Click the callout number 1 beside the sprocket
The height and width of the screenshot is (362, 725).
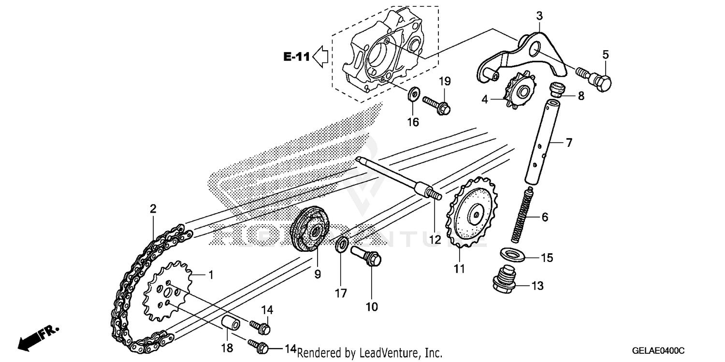(210, 275)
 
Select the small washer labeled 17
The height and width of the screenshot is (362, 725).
(341, 245)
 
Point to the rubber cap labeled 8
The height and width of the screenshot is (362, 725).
(558, 90)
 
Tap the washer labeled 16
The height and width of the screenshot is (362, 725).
(413, 94)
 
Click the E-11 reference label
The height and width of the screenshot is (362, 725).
(296, 57)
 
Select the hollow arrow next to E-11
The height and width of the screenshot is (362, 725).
(320, 57)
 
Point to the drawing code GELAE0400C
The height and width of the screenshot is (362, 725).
(660, 350)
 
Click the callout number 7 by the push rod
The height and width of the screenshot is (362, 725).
(568, 143)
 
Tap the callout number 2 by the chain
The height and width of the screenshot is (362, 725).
(153, 210)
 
